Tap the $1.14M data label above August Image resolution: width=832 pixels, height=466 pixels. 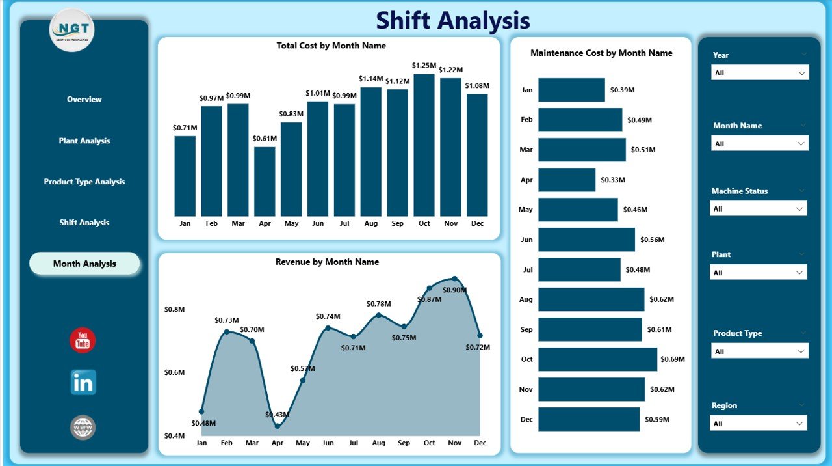pos(370,79)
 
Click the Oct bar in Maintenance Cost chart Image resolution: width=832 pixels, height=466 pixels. pos(597,359)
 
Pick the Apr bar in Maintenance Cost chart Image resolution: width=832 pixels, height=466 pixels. pos(566,180)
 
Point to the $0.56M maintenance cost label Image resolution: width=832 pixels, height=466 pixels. pos(653,240)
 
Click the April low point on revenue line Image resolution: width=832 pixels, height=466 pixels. pos(278,426)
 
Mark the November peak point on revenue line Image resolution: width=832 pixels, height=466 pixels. pos(454,279)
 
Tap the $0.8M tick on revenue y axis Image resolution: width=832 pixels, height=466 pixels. pos(174,310)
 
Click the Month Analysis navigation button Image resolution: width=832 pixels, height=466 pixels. pos(84,264)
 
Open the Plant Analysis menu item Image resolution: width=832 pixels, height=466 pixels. pos(84,141)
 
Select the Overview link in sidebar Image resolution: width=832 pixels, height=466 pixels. pos(84,100)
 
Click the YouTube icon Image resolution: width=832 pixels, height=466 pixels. pos(83,340)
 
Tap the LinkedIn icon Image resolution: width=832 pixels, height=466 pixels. pos(83,383)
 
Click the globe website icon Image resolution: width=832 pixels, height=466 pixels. pos(83,428)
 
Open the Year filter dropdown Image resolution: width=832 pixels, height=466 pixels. pos(760,73)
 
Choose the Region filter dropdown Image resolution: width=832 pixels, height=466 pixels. pos(759,424)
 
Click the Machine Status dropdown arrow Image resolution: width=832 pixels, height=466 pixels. pos(799,209)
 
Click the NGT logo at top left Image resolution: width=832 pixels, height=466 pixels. pos(72,30)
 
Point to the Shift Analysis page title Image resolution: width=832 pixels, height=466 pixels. pos(453,20)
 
